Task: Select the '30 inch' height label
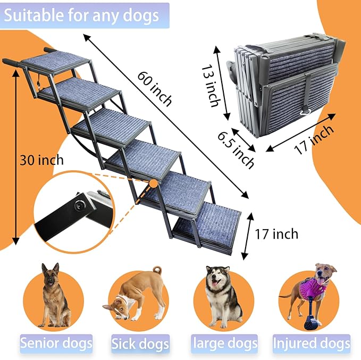(x=41, y=160)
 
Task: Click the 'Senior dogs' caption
(x=56, y=342)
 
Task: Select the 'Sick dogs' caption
(x=140, y=343)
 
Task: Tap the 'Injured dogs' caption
(x=312, y=343)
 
